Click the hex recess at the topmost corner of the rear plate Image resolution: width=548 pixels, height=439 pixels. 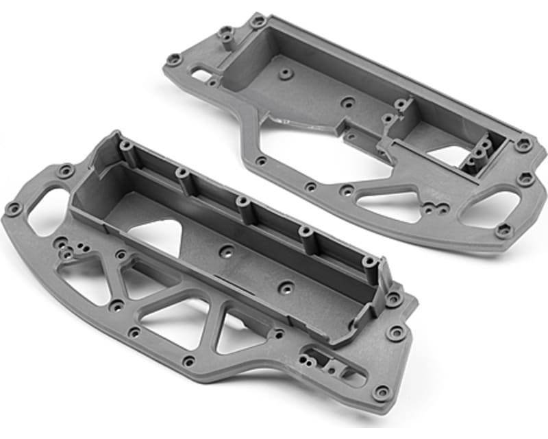point(258,21)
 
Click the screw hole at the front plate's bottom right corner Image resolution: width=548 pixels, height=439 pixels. point(381,392)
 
